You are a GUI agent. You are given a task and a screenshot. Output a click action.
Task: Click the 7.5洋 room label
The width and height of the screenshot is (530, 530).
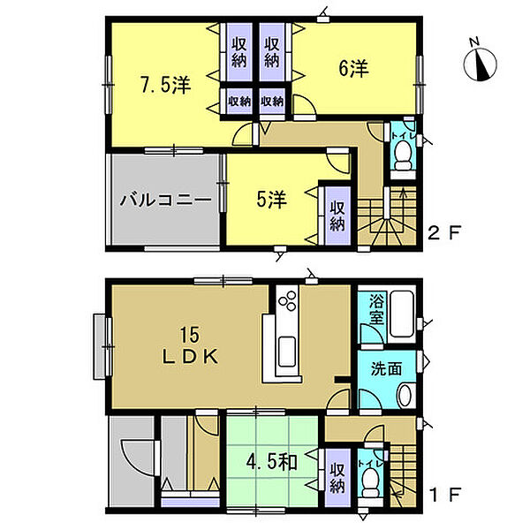point(166,85)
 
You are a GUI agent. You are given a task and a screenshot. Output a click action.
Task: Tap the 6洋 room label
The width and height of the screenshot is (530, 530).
point(353,69)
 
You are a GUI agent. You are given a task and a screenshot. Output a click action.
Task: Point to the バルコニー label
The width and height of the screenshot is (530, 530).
point(166,201)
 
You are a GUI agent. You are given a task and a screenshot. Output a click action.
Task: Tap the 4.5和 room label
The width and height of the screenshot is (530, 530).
point(271,462)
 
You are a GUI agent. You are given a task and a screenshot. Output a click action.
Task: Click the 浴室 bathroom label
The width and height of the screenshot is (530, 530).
point(376,309)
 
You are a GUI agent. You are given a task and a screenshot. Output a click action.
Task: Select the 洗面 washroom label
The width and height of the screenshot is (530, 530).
point(386,368)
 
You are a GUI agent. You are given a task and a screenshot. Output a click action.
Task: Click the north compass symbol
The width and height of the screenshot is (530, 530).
point(480,64)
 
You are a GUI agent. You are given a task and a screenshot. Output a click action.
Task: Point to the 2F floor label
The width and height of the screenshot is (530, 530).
point(444,232)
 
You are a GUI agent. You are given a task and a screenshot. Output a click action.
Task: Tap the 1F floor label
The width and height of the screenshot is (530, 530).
point(444,496)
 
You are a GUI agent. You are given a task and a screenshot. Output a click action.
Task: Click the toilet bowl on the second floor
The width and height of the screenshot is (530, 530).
point(403,155)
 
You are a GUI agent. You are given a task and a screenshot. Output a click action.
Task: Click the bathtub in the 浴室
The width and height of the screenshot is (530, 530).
point(402,314)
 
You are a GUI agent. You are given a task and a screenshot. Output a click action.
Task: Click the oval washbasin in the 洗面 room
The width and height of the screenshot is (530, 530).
point(405,395)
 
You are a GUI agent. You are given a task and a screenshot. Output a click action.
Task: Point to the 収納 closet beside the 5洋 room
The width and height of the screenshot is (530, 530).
point(337,216)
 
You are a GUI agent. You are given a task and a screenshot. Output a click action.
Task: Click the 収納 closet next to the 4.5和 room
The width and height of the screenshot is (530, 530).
point(337,478)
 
